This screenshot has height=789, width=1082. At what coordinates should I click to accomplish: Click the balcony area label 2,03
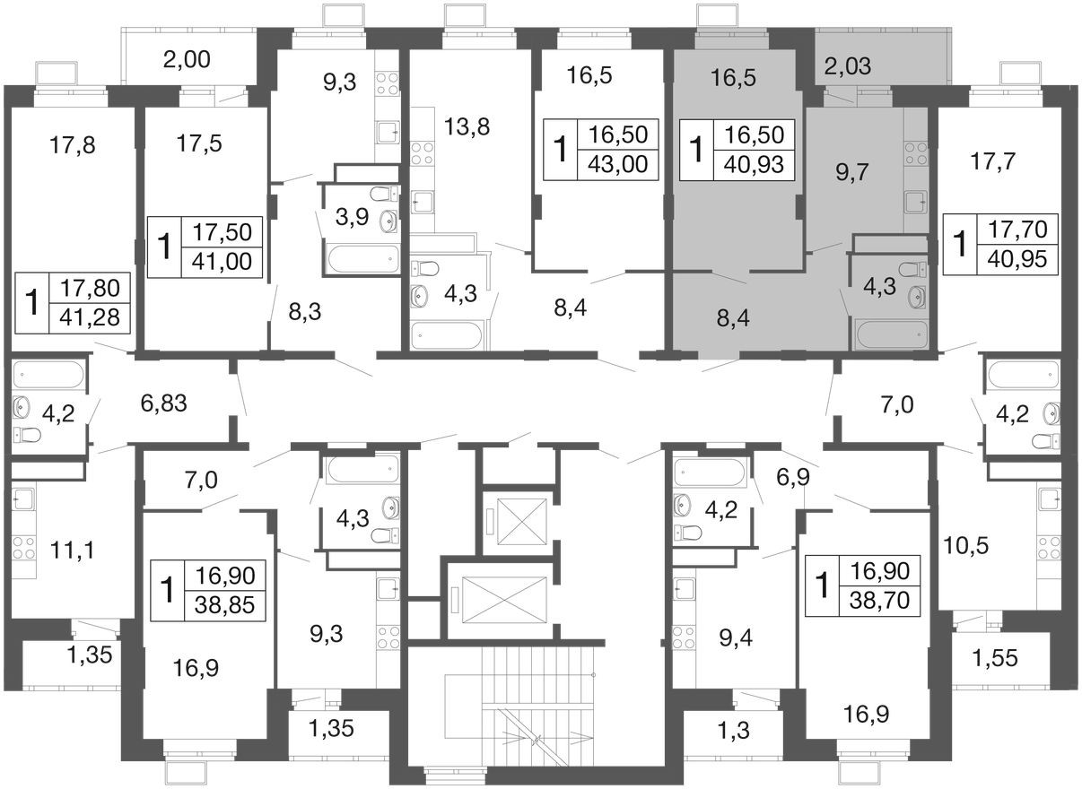848,66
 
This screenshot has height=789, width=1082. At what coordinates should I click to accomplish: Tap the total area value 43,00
618,164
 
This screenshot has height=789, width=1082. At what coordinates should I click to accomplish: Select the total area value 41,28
90,317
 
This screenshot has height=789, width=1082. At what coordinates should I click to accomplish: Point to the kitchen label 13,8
467,126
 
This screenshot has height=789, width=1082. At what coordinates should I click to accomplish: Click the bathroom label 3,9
352,217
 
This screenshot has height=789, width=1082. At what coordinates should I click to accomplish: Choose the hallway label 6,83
164,403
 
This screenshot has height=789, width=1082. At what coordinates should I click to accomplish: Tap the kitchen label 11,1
73,550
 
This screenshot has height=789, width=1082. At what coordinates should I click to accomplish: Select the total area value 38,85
224,605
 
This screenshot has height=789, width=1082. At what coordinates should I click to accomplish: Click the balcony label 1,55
995,658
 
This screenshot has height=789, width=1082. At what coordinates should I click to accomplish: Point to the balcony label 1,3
734,731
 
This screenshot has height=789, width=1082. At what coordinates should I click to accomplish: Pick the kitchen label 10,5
966,546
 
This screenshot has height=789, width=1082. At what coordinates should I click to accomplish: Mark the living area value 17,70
1017,230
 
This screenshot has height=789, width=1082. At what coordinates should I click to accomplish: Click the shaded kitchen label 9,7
852,172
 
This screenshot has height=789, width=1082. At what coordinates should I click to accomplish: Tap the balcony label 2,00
187,60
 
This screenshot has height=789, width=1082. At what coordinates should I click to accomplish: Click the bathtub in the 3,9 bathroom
363,259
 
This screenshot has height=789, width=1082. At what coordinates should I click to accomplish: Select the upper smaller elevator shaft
521,522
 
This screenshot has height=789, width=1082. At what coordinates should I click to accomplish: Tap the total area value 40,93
754,165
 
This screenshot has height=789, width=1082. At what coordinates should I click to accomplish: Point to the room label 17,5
199,143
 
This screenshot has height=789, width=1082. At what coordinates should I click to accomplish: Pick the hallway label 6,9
793,478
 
